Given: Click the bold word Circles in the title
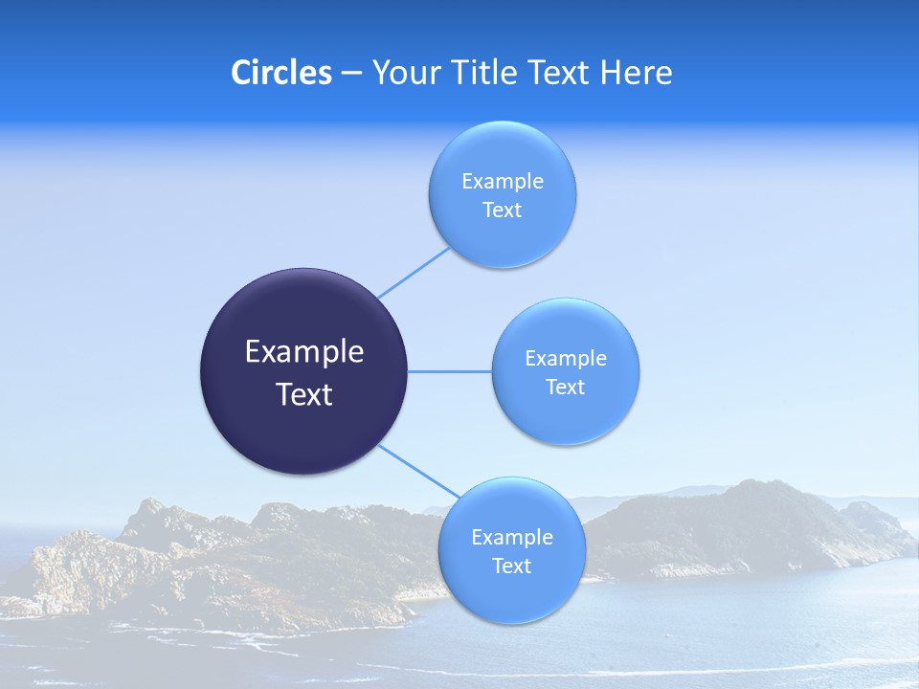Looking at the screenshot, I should coord(280,73).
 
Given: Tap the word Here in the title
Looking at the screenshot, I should coord(636,73).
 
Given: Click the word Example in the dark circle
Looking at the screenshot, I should coord(303,352).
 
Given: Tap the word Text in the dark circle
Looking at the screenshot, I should coord(303,394).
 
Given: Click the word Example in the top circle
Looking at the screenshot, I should coord(502,182).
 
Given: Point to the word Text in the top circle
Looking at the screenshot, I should coord(502,211).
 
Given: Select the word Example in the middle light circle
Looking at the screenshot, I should coord(565,359).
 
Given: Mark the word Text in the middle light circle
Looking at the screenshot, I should coord(565,388).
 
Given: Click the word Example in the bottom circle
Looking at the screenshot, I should coord(511,538).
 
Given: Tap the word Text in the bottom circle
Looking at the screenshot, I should coord(511,567).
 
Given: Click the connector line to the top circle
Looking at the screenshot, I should coord(414,272).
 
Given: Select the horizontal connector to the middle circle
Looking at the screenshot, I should coord(449,371).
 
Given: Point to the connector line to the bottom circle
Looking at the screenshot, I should coord(412,468).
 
